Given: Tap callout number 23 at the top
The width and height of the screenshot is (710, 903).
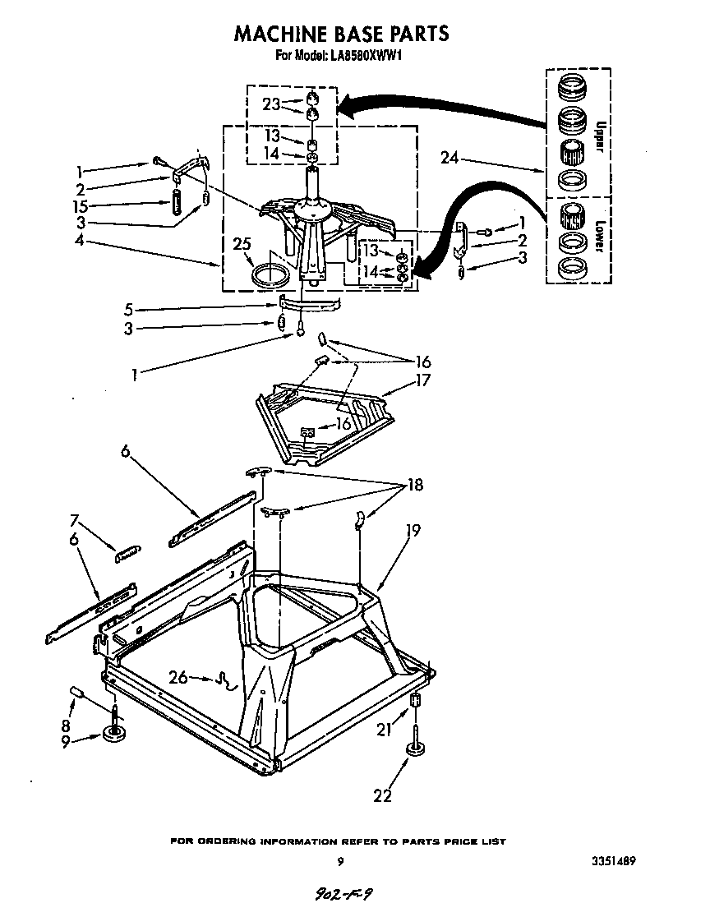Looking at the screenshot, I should [x=271, y=104].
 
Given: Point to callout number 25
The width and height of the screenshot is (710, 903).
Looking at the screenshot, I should [x=241, y=245].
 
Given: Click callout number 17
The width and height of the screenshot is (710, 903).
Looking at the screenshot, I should [x=425, y=380].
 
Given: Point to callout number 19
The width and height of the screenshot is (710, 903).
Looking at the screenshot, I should [x=412, y=531].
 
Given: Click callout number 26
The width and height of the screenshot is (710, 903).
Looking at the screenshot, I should [x=178, y=677].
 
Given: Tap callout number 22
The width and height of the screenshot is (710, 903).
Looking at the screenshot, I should [x=382, y=795].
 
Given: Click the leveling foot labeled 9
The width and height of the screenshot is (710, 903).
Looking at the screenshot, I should [x=113, y=734].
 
